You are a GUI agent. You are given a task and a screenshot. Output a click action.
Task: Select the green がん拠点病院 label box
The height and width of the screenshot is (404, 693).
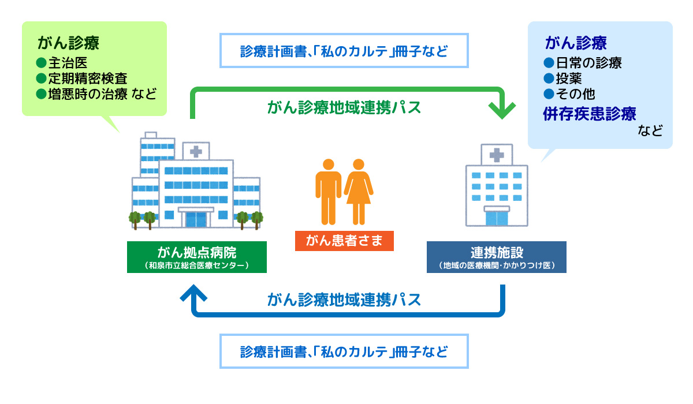pyautogui.click(x=197, y=257)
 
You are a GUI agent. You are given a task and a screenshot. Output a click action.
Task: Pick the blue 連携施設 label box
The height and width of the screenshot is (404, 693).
pyautogui.click(x=496, y=257)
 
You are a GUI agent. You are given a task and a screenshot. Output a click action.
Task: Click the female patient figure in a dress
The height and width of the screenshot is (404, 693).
pyautogui.click(x=359, y=190)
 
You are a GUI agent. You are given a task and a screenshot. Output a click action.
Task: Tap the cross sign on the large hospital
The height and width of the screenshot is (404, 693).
pyautogui.click(x=196, y=151)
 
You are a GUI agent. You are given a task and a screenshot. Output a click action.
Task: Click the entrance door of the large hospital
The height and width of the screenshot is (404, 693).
pyautogui.click(x=196, y=219)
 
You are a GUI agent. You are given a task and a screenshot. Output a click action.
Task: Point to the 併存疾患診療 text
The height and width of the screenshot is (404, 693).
pyautogui.click(x=590, y=113)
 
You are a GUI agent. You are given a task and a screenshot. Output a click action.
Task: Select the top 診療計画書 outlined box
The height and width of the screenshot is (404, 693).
pyautogui.click(x=344, y=51)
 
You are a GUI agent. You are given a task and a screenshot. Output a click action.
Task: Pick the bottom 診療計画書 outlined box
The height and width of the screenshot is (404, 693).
pyautogui.click(x=344, y=351)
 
